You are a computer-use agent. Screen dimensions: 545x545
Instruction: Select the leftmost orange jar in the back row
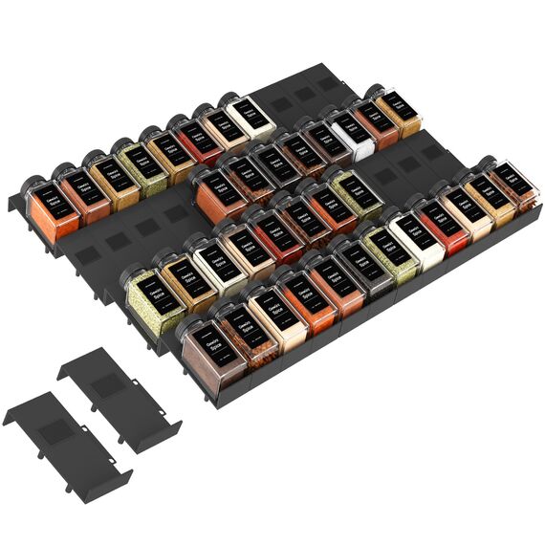coord(55,216)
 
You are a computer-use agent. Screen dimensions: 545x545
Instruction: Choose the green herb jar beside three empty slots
coord(357,196)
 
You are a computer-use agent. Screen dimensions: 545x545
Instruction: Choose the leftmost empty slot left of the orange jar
coord(84,256)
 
